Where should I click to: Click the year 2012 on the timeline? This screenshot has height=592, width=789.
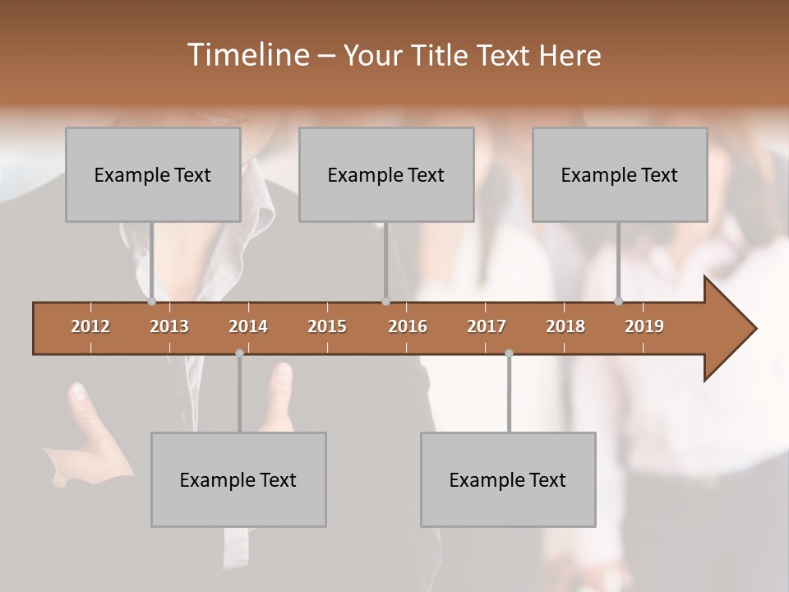tap(90, 326)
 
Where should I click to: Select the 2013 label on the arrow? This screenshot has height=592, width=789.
tap(169, 326)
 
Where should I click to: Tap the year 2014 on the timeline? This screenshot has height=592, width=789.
tap(248, 326)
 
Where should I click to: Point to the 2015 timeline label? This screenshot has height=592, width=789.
tap(327, 326)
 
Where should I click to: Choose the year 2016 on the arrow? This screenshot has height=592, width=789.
tap(408, 326)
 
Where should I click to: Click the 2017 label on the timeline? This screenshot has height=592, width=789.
tap(487, 326)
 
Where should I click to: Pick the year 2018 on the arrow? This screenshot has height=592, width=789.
tap(565, 326)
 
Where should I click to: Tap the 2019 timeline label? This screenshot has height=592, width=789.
tap(644, 326)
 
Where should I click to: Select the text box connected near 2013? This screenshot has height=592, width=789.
tap(153, 174)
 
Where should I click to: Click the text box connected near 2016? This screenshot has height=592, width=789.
tap(386, 174)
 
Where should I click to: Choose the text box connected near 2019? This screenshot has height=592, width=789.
tap(620, 174)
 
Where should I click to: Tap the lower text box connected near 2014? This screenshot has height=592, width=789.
tap(238, 479)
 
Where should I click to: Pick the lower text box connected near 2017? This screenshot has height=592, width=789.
tap(508, 479)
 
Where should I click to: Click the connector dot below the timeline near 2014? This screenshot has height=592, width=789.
tap(239, 353)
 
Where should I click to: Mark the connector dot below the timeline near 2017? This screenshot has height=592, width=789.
tap(509, 353)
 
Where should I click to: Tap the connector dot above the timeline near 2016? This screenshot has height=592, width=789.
tap(385, 301)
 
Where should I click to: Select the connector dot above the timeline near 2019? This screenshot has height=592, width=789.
tap(618, 301)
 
